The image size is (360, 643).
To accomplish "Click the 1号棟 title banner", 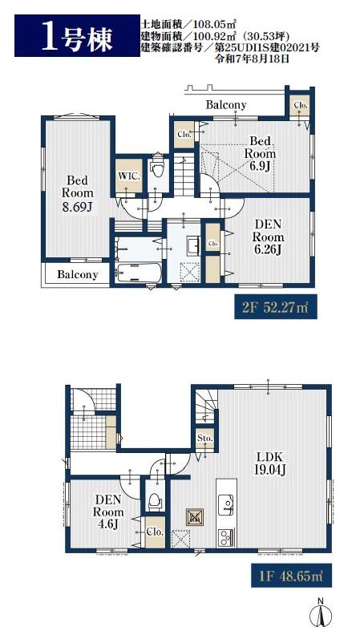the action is point(77,35).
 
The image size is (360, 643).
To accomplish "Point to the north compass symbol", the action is point(320,613).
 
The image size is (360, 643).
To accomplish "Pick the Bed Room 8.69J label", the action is point(77,193).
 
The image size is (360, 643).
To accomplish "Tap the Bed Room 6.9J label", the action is point(260,154).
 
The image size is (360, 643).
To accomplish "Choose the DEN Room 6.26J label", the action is point(268,237).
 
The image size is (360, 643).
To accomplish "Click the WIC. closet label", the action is point(129,176).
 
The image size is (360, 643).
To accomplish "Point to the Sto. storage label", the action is point(204,438).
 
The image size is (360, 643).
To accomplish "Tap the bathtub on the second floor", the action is point(138,273).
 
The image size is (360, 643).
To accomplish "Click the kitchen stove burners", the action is point(225,537).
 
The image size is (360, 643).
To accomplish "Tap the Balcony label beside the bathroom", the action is point(78,275).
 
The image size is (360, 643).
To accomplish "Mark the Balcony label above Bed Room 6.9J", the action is point(226,105).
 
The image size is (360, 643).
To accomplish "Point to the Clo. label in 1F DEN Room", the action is point(156,532).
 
